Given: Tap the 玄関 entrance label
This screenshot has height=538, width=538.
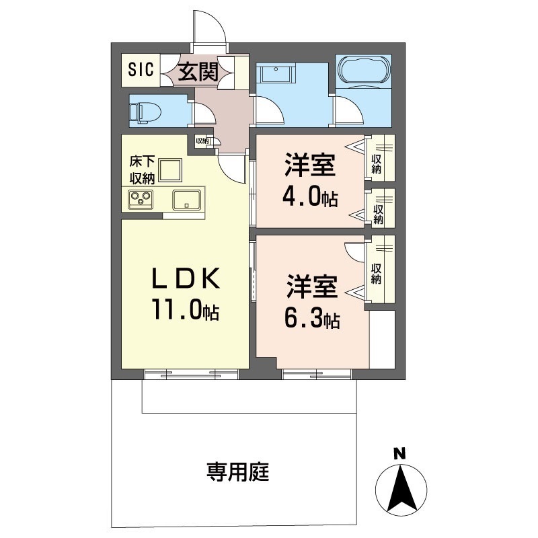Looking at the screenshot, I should click(198, 69).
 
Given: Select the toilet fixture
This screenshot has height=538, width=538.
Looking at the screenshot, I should click(142, 112).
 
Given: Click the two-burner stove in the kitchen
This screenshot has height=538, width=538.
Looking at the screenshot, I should click(142, 199).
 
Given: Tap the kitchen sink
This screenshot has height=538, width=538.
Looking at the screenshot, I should click(186, 200).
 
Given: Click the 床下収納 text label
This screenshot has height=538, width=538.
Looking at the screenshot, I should click(143, 170).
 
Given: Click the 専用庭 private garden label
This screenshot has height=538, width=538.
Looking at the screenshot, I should click(237, 473).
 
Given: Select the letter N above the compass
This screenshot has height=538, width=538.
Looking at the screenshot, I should click(399, 454).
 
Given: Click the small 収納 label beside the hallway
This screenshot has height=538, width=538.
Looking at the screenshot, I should click(202, 141).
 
